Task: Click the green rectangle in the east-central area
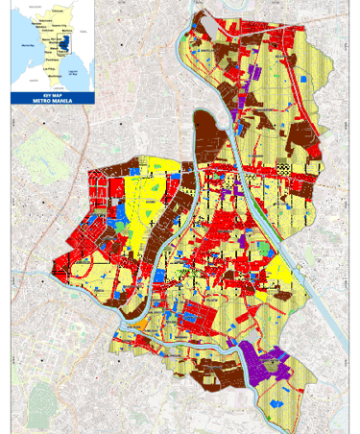click(x=265, y=250)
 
